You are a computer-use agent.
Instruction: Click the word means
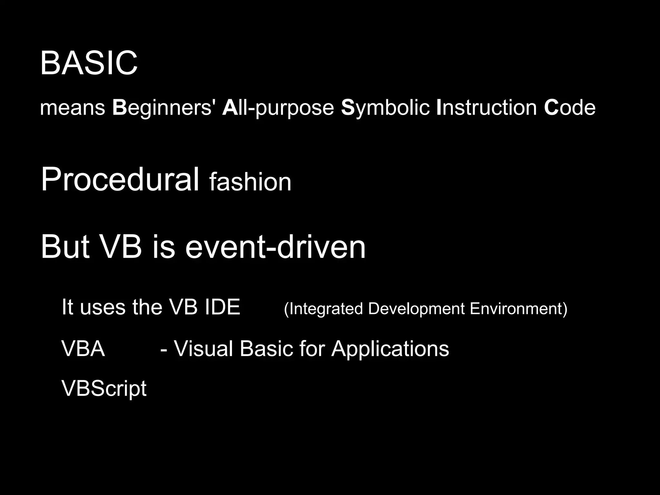(x=73, y=108)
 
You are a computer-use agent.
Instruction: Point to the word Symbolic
(x=385, y=108)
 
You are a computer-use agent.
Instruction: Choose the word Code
(x=569, y=108)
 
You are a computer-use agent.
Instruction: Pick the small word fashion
(x=250, y=182)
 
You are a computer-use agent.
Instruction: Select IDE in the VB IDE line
(x=222, y=307)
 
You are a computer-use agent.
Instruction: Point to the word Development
(x=416, y=309)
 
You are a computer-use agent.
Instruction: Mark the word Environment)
(x=518, y=309)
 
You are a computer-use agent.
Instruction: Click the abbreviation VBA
(x=83, y=349)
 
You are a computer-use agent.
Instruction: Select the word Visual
(x=203, y=349)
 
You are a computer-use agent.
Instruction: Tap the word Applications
(x=390, y=349)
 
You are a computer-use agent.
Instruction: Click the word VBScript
(x=104, y=389)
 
